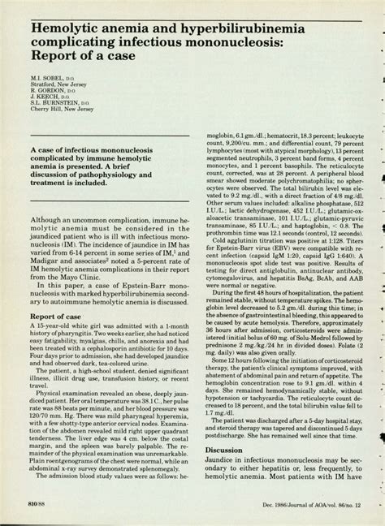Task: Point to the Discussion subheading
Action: click(223, 448)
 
